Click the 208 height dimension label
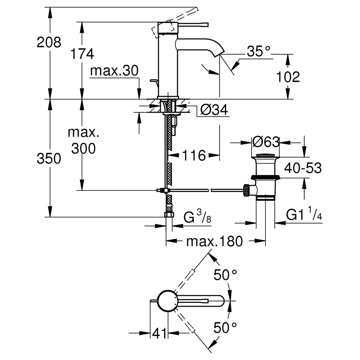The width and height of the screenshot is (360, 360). click(x=49, y=42)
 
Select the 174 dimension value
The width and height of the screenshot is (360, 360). click(x=82, y=54)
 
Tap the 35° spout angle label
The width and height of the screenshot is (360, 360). click(x=258, y=51)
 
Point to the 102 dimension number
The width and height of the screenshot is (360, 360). click(x=288, y=77)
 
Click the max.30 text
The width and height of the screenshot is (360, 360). click(x=114, y=71)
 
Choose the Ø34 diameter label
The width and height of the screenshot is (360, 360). click(x=214, y=109)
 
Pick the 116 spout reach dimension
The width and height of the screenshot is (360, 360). click(x=194, y=156)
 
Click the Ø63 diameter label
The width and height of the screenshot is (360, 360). click(x=266, y=142)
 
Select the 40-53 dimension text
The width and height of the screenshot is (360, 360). click(x=303, y=168)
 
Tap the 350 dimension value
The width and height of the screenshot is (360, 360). click(x=49, y=159)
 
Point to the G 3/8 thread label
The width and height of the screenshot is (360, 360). click(x=197, y=217)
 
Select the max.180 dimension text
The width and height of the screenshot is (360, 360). click(x=215, y=241)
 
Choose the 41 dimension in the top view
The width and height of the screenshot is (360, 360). click(x=159, y=333)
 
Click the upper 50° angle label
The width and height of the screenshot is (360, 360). click(x=225, y=275)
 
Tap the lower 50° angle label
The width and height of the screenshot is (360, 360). click(x=225, y=328)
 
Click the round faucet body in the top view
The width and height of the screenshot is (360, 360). click(x=168, y=301)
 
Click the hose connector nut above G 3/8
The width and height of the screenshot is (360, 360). click(x=169, y=215)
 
